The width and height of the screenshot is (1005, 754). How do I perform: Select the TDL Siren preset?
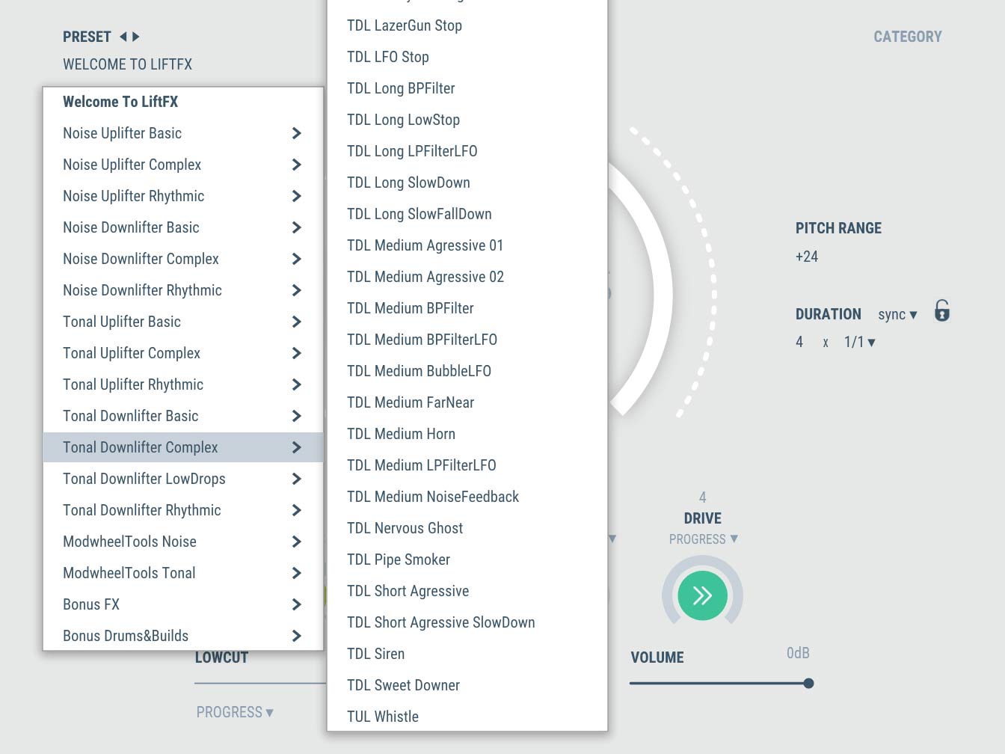point(376,654)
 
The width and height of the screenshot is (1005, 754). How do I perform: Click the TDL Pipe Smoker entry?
point(399,560)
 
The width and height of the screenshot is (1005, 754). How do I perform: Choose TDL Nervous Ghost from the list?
point(405,528)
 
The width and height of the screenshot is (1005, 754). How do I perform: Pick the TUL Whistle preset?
point(383,717)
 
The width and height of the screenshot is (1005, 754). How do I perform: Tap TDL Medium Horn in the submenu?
point(401,434)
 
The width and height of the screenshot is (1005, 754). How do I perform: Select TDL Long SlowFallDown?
point(419,214)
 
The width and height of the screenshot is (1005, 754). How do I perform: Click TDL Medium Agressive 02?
point(425,277)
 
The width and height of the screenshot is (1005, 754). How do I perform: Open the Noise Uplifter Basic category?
point(123,133)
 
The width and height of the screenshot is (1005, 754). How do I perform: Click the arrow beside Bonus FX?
point(297,604)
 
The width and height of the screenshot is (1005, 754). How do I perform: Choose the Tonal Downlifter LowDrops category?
point(144,479)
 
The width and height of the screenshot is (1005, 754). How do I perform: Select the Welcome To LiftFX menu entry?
point(120,102)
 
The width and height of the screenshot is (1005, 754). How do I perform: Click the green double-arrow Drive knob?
point(702,596)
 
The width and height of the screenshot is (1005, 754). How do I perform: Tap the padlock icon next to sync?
point(942,311)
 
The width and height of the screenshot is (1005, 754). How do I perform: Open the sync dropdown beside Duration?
point(897,315)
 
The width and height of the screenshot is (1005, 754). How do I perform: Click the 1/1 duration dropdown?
point(859,342)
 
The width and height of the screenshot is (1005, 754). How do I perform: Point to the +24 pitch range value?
point(807,257)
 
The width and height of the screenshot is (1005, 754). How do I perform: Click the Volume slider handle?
point(808,683)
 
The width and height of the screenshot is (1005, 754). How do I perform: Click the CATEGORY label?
point(907,37)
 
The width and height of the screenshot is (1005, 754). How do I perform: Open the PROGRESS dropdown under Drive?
point(703,539)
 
